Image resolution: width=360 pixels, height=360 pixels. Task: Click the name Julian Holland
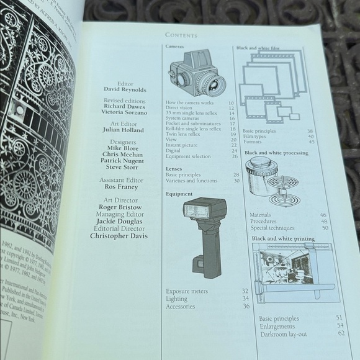tap(123, 130)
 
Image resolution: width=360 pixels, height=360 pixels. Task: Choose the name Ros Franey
tap(122, 187)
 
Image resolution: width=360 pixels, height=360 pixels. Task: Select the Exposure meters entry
tap(187, 290)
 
